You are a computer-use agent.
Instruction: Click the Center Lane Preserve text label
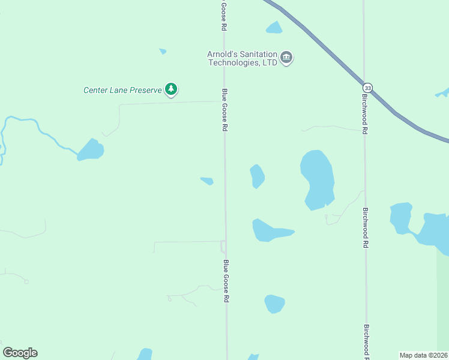click(x=122, y=91)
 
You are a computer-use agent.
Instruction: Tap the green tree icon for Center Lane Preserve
click(x=172, y=89)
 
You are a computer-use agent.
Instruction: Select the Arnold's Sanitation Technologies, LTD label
click(x=242, y=58)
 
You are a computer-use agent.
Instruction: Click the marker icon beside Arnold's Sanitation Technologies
click(x=286, y=58)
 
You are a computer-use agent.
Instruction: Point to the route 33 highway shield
click(x=367, y=88)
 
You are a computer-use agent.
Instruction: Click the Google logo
click(x=20, y=352)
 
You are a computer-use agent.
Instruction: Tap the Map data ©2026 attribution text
click(x=424, y=355)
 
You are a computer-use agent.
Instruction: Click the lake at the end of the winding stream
click(x=91, y=150)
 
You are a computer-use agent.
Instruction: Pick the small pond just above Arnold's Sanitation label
click(x=274, y=28)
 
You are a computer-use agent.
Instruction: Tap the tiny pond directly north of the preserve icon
click(x=163, y=52)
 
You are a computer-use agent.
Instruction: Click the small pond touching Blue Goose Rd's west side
click(x=207, y=181)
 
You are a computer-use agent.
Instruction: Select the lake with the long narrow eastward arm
click(x=269, y=231)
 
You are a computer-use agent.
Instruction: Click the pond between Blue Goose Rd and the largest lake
click(x=257, y=176)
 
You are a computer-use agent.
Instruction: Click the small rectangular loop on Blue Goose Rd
click(x=223, y=246)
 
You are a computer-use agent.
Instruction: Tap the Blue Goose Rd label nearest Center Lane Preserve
click(x=225, y=110)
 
